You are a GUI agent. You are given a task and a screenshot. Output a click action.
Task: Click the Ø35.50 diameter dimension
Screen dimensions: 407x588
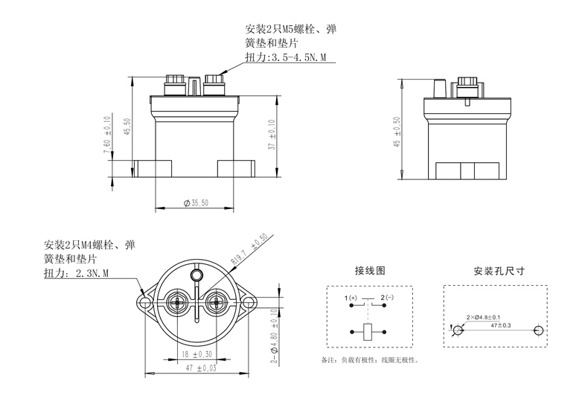pyautogui.click(x=196, y=203)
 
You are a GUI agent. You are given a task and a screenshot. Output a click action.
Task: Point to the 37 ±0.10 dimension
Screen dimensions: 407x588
pyautogui.click(x=272, y=136)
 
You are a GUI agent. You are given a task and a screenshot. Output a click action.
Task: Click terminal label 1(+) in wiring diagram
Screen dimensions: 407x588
pyautogui.click(x=351, y=299)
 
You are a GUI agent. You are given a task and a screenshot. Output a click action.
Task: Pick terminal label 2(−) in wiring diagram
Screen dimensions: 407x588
pyautogui.click(x=388, y=299)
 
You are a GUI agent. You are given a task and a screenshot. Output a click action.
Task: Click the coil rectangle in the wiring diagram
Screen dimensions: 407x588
pyautogui.click(x=369, y=331)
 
